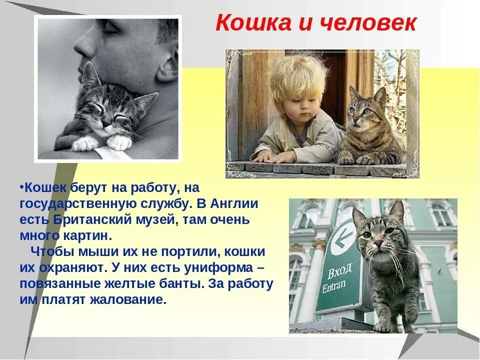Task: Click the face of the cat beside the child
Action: pyautogui.click(x=364, y=107)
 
